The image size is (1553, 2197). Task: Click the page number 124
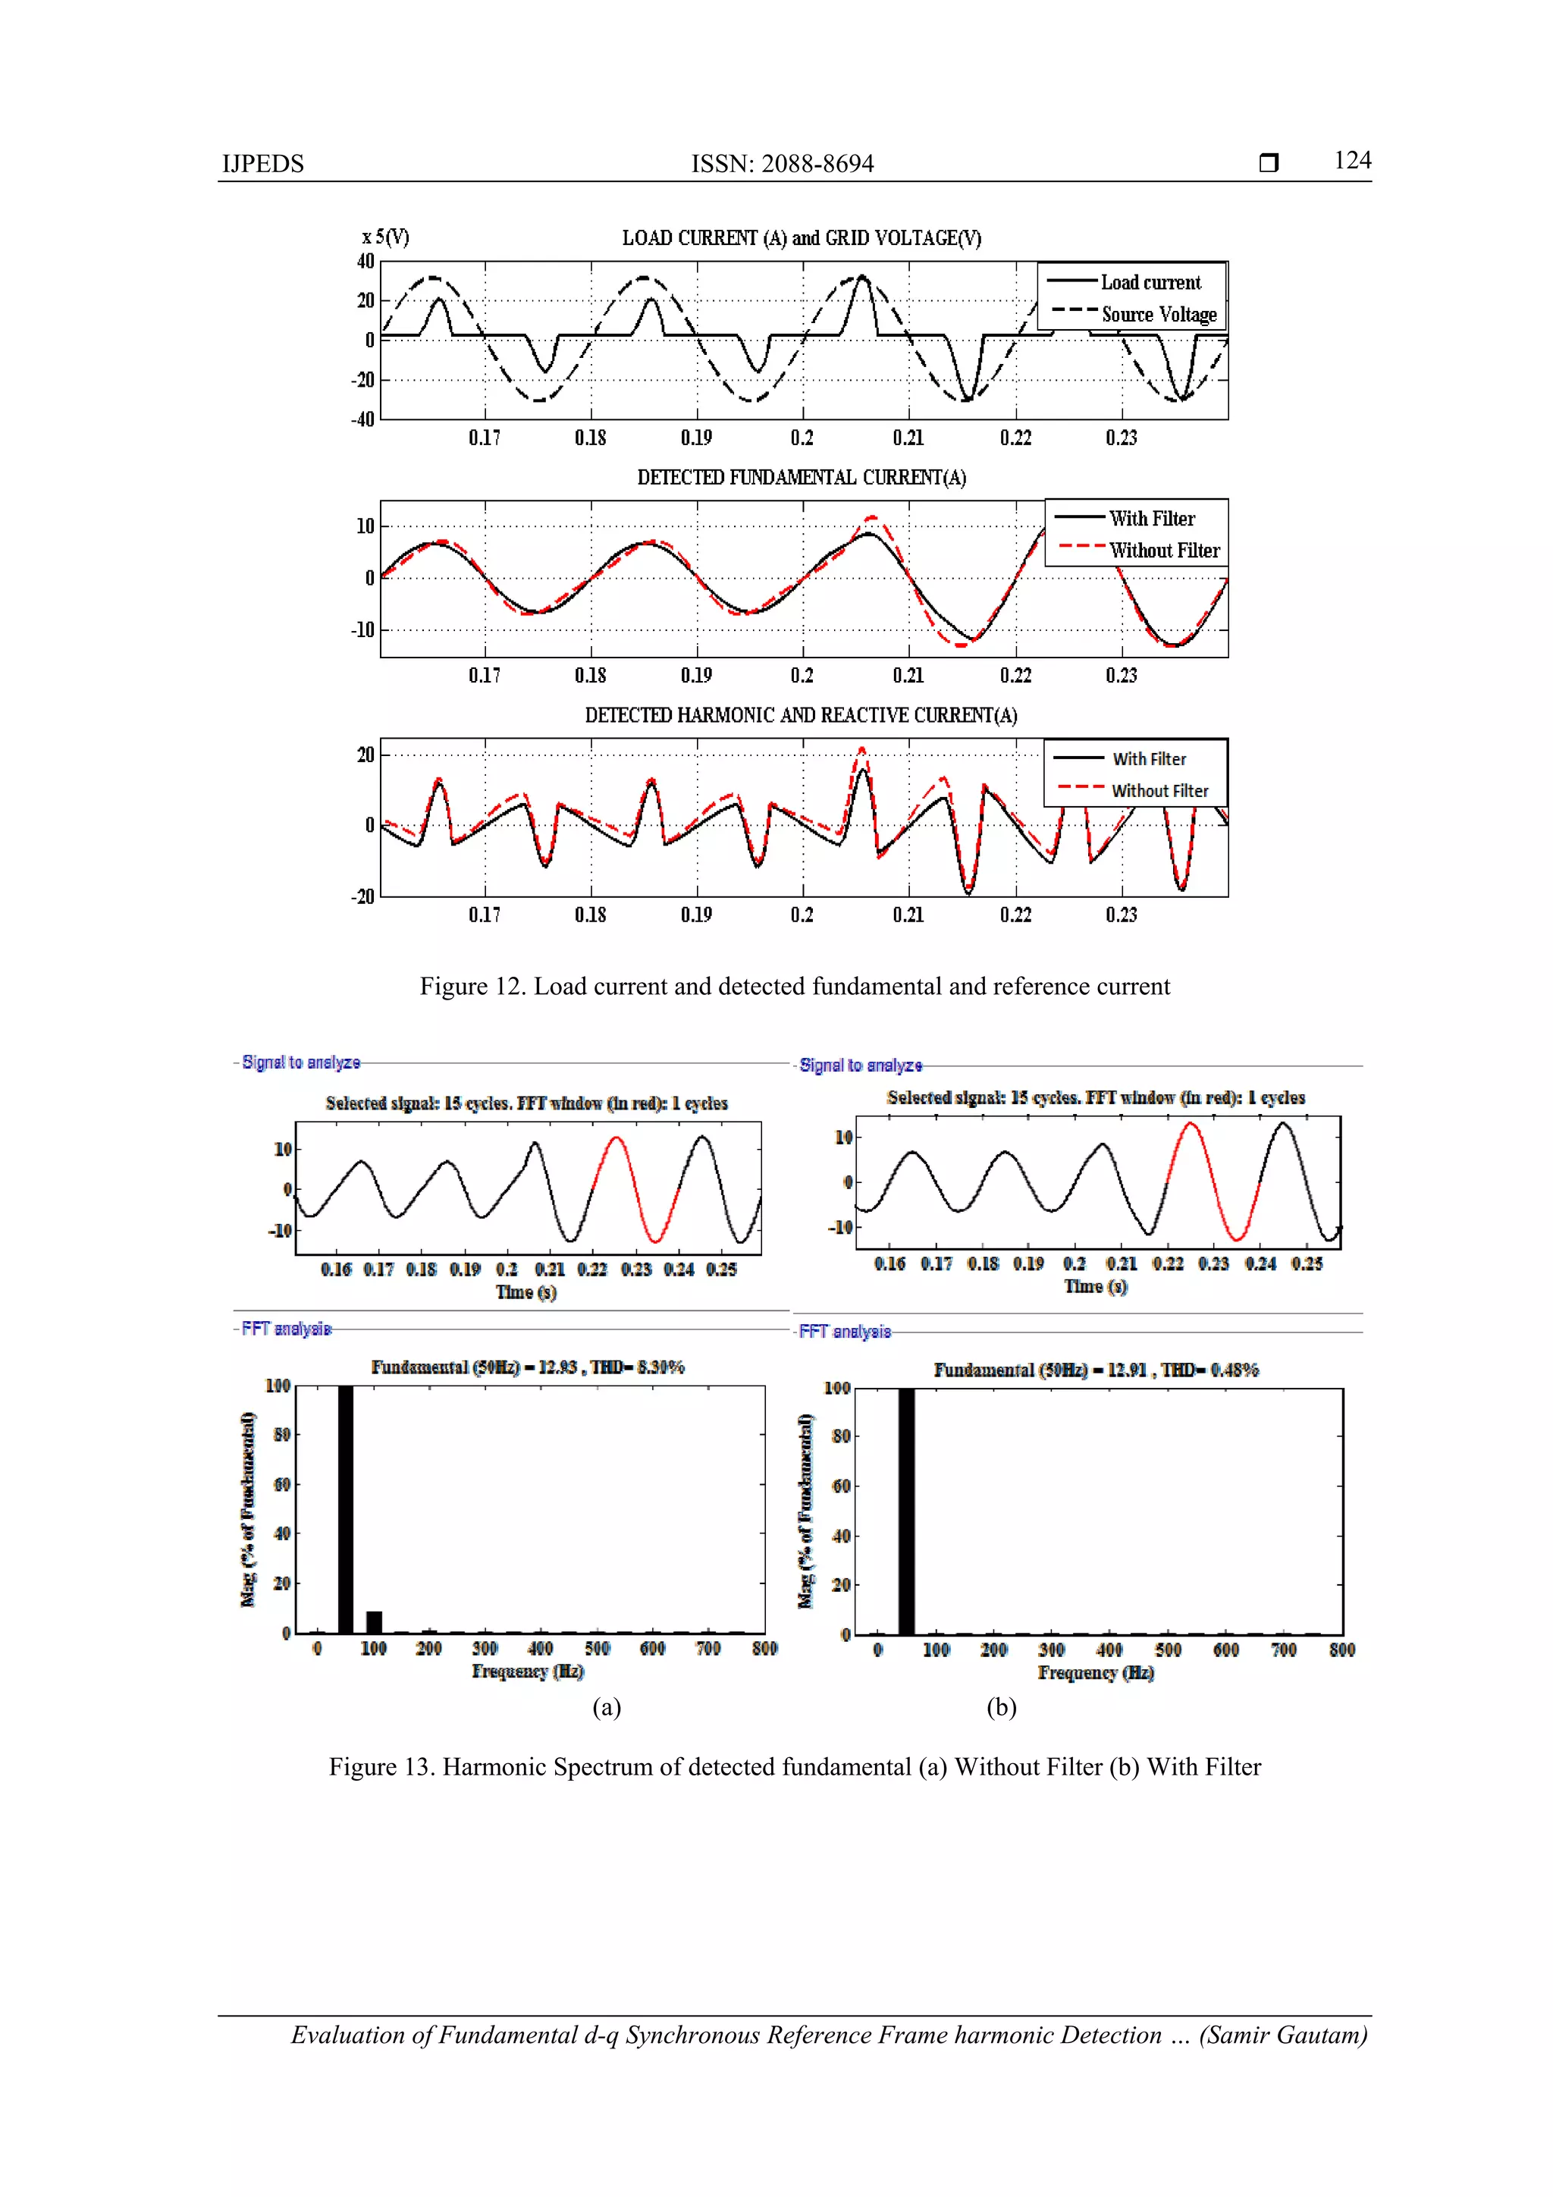point(1351,160)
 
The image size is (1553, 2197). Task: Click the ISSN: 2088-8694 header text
point(782,164)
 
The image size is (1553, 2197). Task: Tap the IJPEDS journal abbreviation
point(262,164)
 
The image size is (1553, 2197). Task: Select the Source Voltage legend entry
point(1158,314)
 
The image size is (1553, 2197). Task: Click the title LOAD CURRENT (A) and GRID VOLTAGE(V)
point(801,237)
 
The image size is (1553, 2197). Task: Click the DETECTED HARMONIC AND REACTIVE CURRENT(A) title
point(801,715)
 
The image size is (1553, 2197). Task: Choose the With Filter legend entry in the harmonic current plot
point(1148,759)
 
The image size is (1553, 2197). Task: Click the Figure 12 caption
point(794,987)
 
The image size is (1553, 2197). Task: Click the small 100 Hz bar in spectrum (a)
point(374,1622)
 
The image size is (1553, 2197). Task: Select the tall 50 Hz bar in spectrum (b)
point(905,1512)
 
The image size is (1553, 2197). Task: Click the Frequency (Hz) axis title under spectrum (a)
point(527,1671)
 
